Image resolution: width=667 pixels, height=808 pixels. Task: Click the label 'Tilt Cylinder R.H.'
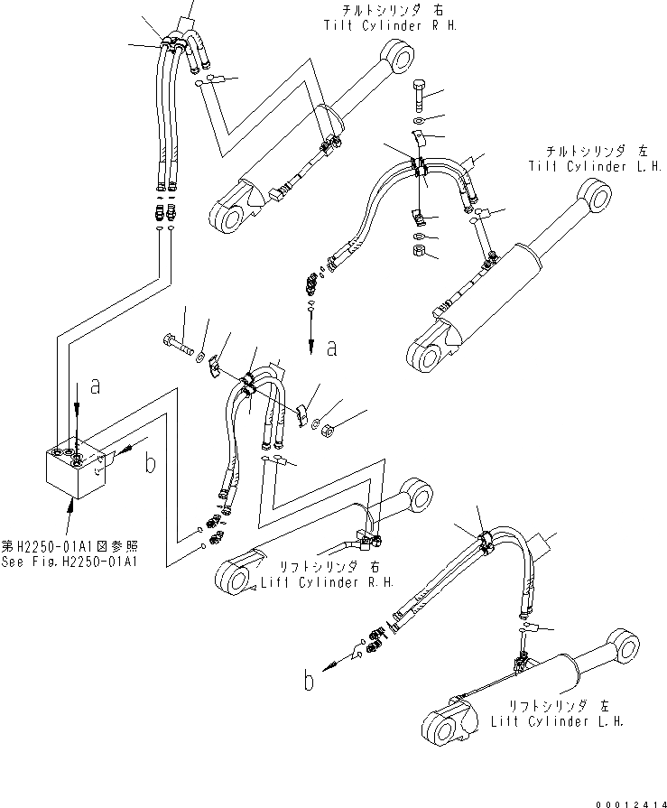pyautogui.click(x=390, y=26)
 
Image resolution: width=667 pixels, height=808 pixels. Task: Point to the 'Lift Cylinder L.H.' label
pyautogui.click(x=557, y=722)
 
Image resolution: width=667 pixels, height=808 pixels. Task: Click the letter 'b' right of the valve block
pyautogui.click(x=150, y=464)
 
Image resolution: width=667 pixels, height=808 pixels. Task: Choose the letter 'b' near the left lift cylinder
pyautogui.click(x=309, y=680)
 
